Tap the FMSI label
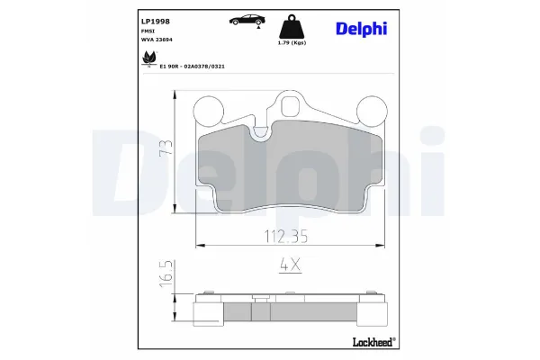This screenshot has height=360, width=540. pyautogui.click(x=148, y=30)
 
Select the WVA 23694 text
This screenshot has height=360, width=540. pyautogui.click(x=158, y=40)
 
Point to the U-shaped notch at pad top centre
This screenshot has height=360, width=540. pyautogui.click(x=262, y=133)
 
